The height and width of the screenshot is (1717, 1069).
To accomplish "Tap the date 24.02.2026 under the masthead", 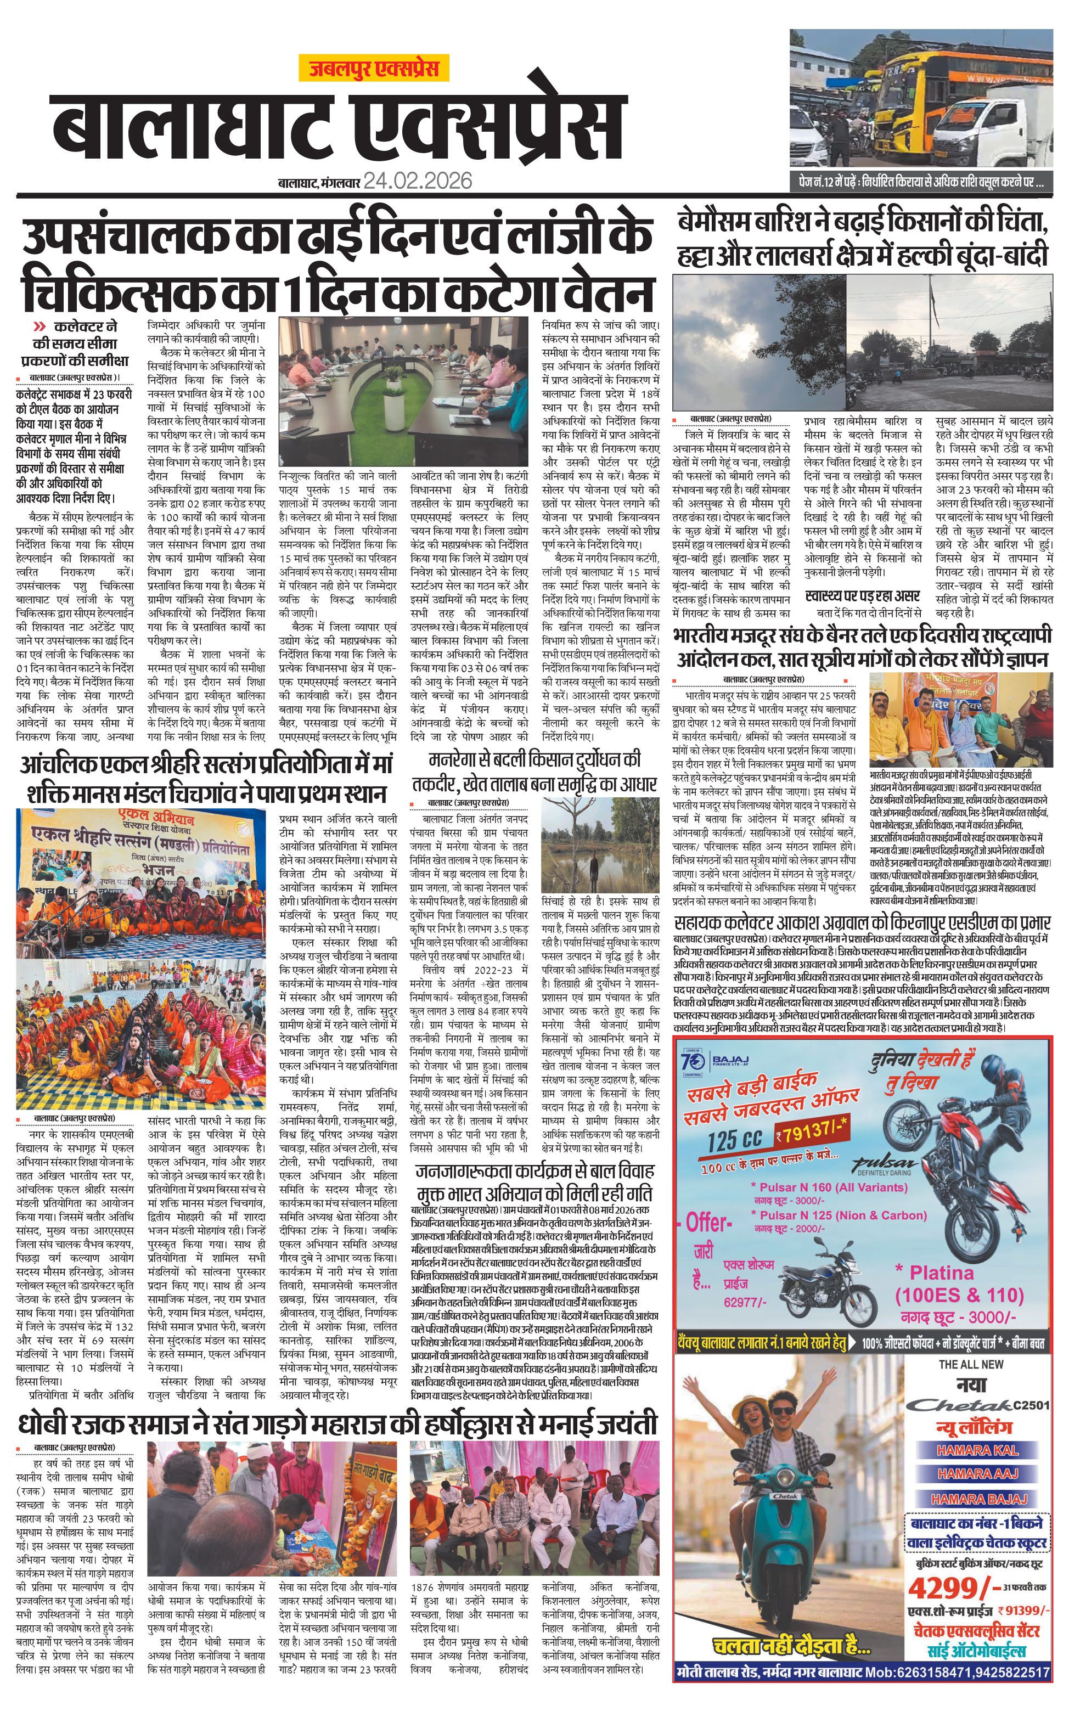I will tap(417, 181).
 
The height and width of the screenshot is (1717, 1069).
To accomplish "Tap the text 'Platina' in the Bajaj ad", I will tap(941, 1273).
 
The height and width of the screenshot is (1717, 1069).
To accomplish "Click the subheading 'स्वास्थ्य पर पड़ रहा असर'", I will tap(863, 596).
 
